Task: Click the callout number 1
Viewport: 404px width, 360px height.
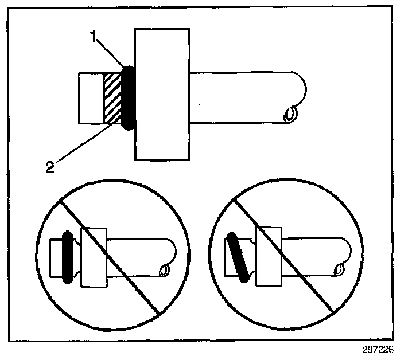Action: pos(94,36)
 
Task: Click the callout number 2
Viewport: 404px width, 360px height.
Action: pos(50,167)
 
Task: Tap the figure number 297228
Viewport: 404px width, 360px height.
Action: pos(378,350)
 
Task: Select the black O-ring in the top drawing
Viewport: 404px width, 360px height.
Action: pos(129,98)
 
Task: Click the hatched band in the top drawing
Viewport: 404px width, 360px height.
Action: pos(112,98)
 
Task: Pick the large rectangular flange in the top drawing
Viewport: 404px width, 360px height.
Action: pos(162,95)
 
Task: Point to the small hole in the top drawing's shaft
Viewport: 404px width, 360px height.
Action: pos(290,114)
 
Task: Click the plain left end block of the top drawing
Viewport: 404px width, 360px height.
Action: pos(91,98)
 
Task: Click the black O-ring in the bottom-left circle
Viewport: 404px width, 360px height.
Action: pos(68,257)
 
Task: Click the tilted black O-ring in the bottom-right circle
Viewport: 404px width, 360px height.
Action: pos(238,257)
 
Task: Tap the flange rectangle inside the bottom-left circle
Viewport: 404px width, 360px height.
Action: pos(94,257)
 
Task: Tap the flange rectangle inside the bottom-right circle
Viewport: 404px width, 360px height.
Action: pos(268,257)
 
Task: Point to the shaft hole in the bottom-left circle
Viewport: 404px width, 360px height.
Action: pos(164,270)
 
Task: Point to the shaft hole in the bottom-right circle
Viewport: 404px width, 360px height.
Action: pos(339,269)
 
